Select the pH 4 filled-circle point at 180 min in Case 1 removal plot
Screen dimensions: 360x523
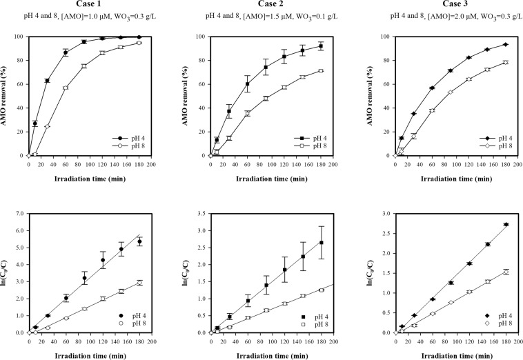click(x=139, y=37)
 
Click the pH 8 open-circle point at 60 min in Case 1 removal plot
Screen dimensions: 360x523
click(x=66, y=88)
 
